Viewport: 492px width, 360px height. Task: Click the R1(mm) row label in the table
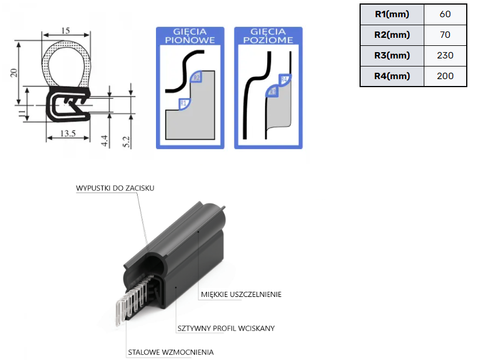pyautogui.click(x=392, y=14)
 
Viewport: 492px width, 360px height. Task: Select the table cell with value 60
pyautogui.click(x=445, y=14)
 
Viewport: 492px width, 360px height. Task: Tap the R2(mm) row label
pyautogui.click(x=392, y=35)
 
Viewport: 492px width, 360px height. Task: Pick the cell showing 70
pyautogui.click(x=445, y=35)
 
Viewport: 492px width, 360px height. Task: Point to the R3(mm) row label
pyautogui.click(x=392, y=56)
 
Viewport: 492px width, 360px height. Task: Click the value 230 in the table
pyautogui.click(x=445, y=56)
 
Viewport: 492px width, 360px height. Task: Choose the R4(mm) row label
pyautogui.click(x=392, y=76)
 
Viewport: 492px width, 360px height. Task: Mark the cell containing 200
pyautogui.click(x=445, y=76)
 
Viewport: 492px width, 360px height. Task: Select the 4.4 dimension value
pyautogui.click(x=104, y=140)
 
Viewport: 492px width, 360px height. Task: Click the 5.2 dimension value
pyautogui.click(x=126, y=139)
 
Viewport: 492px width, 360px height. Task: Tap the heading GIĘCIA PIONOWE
pyautogui.click(x=190, y=36)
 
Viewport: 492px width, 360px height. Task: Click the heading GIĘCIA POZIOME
pyautogui.click(x=268, y=36)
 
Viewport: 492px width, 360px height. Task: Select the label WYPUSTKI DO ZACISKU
pyautogui.click(x=115, y=188)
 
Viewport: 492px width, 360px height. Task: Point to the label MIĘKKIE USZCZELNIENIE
pyautogui.click(x=241, y=295)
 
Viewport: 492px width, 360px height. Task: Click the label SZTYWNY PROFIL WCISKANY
pyautogui.click(x=225, y=328)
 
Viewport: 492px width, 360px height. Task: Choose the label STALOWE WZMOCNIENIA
pyautogui.click(x=170, y=352)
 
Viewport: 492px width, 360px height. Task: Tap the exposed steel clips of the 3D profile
pyautogui.click(x=129, y=304)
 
